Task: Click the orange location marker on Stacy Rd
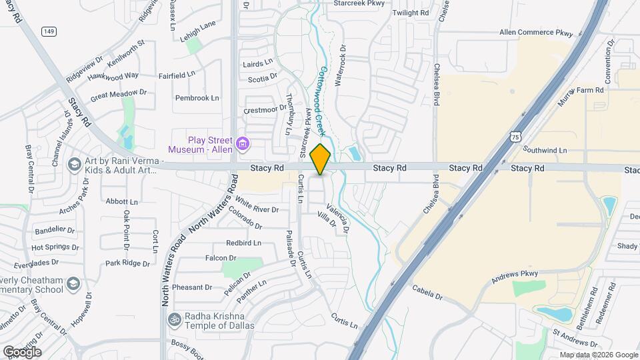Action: point(321,159)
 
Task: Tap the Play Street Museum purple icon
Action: point(243,143)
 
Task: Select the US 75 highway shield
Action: point(515,136)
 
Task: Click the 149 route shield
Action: point(48,31)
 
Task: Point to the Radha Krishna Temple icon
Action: point(175,319)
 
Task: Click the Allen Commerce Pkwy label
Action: point(536,32)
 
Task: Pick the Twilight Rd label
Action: point(411,13)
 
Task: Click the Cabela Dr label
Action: point(427,291)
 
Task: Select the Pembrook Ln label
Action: point(197,98)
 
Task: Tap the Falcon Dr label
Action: point(221,257)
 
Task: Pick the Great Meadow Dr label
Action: point(118,94)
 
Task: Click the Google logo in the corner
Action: point(22,351)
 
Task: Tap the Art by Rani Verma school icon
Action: point(73,164)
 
